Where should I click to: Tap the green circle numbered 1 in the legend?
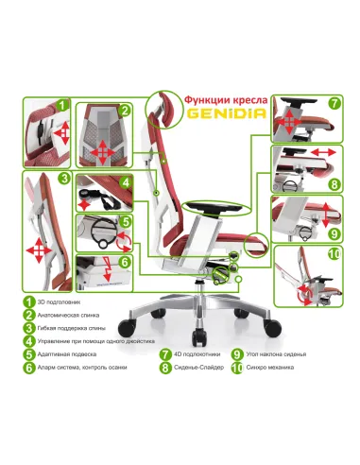click(x=30, y=301)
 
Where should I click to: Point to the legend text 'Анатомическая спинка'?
click(x=77, y=315)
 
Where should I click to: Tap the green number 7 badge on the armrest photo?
click(x=334, y=104)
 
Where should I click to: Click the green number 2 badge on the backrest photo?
click(x=124, y=111)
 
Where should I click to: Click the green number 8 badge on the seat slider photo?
click(x=334, y=184)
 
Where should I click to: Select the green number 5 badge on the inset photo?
click(x=125, y=222)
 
